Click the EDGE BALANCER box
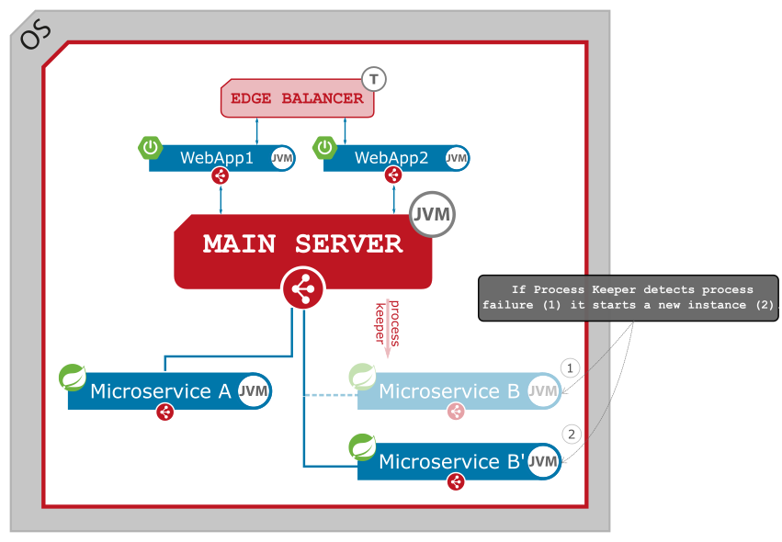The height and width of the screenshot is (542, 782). pyautogui.click(x=297, y=98)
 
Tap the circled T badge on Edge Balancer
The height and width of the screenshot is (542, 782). pyautogui.click(x=373, y=79)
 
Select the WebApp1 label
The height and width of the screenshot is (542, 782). pyautogui.click(x=217, y=158)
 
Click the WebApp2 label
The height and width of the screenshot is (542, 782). pyautogui.click(x=391, y=158)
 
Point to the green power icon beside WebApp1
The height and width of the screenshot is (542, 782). pyautogui.click(x=151, y=147)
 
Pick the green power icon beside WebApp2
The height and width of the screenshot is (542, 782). pyautogui.click(x=325, y=147)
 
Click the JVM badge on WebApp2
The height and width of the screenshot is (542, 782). pyautogui.click(x=457, y=158)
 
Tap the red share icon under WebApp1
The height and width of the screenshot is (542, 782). pyautogui.click(x=220, y=175)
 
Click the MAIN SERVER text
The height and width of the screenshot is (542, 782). pyautogui.click(x=302, y=244)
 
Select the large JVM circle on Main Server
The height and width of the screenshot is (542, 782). pyautogui.click(x=432, y=215)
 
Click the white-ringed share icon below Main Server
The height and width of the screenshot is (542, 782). pyautogui.click(x=302, y=290)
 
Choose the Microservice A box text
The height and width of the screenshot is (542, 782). pyautogui.click(x=161, y=391)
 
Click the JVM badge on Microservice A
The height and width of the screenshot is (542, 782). pyautogui.click(x=254, y=391)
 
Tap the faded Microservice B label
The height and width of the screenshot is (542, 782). pyautogui.click(x=449, y=392)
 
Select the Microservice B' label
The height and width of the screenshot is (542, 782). pyautogui.click(x=450, y=461)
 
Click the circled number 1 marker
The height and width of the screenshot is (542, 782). pyautogui.click(x=571, y=368)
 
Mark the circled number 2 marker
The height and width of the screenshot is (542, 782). pyautogui.click(x=571, y=434)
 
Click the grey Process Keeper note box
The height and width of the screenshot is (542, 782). pyautogui.click(x=629, y=298)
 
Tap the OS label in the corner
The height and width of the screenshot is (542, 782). pyautogui.click(x=35, y=35)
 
